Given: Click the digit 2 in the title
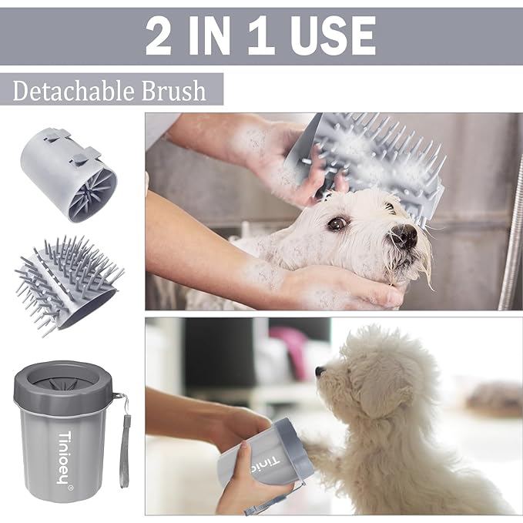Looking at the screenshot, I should pos(159,35).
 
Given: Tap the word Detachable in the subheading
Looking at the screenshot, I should pos(74,91).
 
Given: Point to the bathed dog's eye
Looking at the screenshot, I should pos(337,223).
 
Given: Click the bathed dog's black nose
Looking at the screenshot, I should pos(404,235).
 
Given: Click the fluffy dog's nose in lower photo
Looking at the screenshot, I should pos(319,370).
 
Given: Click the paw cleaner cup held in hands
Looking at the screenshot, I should pos(266,454).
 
